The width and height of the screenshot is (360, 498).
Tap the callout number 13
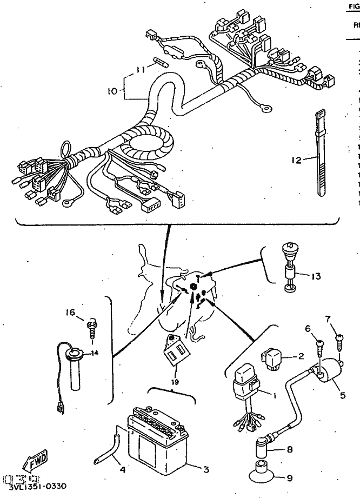click(x=316, y=276)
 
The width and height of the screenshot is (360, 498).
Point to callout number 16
click(x=70, y=312)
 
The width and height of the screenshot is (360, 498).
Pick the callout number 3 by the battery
click(x=205, y=469)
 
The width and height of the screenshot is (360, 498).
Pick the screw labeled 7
click(x=339, y=343)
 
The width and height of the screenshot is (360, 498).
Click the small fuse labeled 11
click(x=161, y=61)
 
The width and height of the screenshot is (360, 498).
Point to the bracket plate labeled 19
click(x=176, y=350)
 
